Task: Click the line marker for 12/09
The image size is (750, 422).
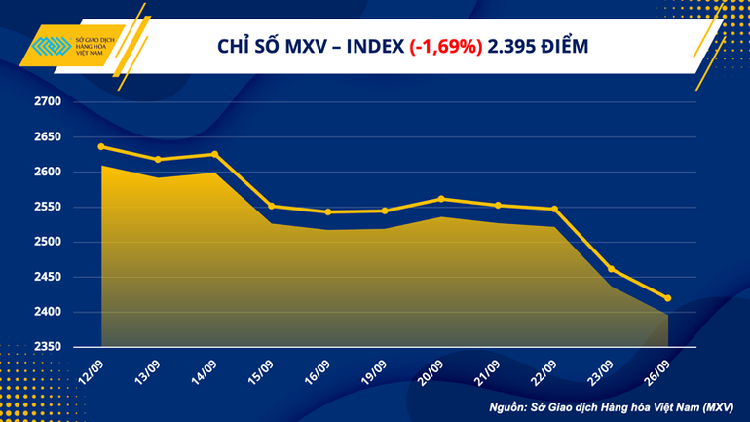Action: click(x=102, y=147)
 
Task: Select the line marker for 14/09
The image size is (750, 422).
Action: click(x=215, y=154)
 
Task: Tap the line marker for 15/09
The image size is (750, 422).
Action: click(x=272, y=206)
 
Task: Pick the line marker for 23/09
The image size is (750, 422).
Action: click(x=612, y=269)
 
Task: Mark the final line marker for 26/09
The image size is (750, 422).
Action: click(x=668, y=298)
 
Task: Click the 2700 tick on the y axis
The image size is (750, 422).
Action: click(x=48, y=101)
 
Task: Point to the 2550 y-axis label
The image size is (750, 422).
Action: click(x=48, y=207)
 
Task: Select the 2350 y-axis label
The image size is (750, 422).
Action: click(x=48, y=347)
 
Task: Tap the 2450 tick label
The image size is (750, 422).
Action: click(x=48, y=277)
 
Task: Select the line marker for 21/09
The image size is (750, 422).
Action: click(x=499, y=205)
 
